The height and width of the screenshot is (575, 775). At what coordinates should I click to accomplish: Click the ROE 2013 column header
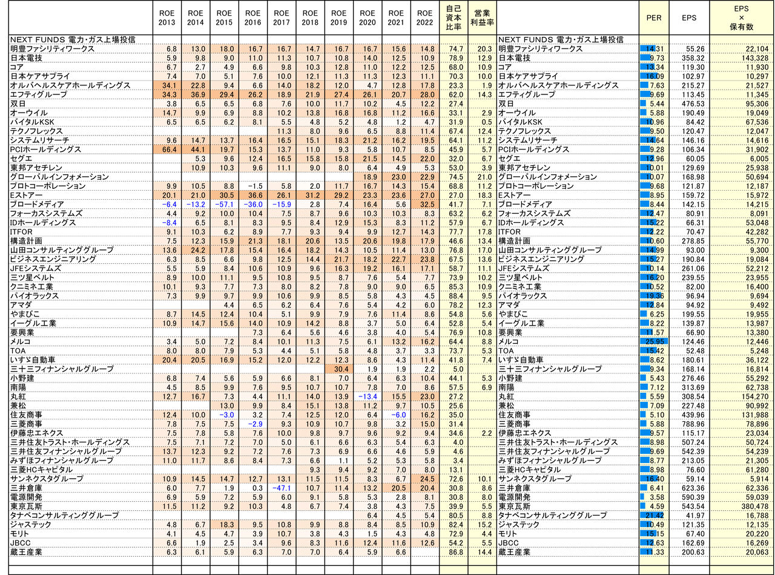click(167, 18)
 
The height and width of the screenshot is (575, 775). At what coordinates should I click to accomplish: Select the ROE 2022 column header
click(425, 18)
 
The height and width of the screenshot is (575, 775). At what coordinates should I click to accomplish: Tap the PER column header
click(653, 18)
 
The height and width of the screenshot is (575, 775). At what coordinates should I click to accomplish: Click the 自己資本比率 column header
click(453, 18)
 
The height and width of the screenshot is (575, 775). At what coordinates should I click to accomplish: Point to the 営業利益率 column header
click(482, 18)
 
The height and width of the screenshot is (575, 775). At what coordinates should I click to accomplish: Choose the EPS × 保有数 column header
click(743, 18)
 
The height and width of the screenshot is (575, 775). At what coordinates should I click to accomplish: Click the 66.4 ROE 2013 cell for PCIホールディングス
click(167, 149)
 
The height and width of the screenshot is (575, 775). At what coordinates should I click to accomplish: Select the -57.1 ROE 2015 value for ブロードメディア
click(224, 205)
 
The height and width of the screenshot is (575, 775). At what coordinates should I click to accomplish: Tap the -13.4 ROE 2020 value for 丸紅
click(368, 396)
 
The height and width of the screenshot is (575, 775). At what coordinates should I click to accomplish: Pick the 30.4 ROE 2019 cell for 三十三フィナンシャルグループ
click(339, 369)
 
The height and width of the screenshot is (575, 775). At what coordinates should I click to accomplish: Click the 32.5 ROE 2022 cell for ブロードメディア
click(425, 205)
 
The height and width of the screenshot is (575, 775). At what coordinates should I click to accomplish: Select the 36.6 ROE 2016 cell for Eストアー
click(252, 195)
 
